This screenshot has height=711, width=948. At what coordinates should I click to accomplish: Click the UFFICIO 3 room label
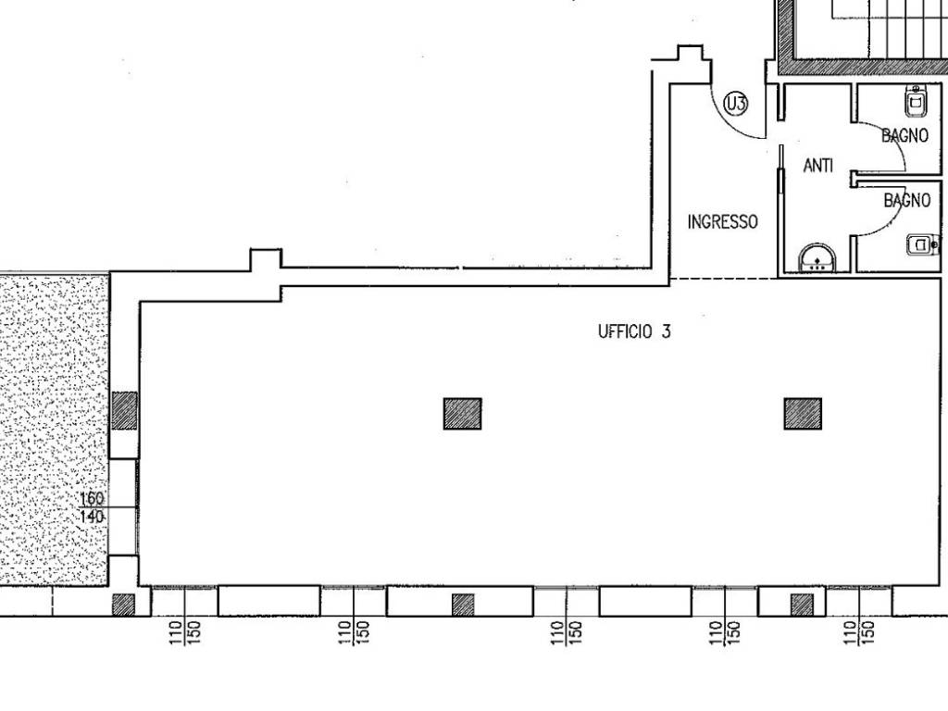click(x=634, y=331)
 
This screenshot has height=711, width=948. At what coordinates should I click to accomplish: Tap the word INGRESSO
click(x=722, y=222)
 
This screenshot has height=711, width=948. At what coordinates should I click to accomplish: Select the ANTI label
click(x=818, y=165)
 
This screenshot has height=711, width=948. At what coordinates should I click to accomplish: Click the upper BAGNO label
click(x=904, y=135)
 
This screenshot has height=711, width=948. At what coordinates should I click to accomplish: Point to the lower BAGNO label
click(x=907, y=200)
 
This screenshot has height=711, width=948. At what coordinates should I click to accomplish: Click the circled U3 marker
click(x=736, y=104)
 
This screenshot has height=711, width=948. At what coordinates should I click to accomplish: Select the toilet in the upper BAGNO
click(x=916, y=100)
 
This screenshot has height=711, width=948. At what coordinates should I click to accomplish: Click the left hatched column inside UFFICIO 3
click(x=463, y=414)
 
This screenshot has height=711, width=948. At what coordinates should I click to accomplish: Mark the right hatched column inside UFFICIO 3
click(x=803, y=414)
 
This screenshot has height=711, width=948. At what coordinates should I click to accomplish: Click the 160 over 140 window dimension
click(x=92, y=508)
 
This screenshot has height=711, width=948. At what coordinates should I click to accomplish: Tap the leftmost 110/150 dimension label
click(x=185, y=633)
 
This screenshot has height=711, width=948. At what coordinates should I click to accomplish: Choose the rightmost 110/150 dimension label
click(x=859, y=633)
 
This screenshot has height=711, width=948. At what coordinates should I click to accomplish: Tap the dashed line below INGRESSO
click(x=724, y=278)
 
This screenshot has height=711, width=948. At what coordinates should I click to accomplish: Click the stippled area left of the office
click(x=55, y=430)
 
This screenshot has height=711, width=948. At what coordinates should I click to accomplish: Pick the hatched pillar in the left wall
click(x=125, y=410)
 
